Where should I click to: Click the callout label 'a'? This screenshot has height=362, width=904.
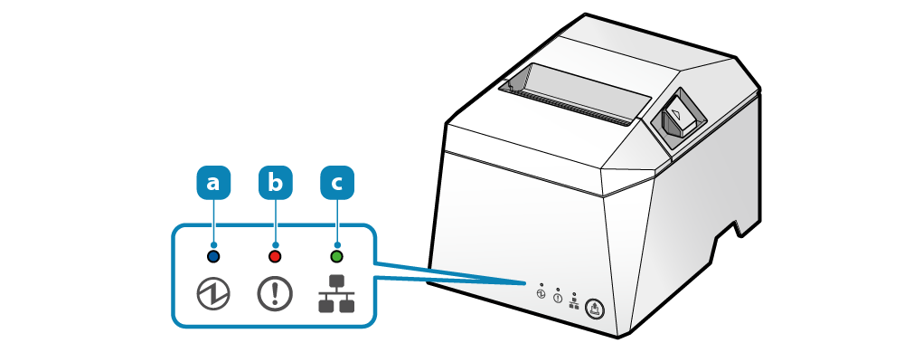click(213, 183)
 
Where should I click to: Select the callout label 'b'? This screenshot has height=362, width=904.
click(276, 183)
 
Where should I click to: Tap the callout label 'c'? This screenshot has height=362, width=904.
click(337, 183)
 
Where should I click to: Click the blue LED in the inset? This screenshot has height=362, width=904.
click(213, 256)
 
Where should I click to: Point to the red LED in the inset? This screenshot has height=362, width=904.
click(276, 256)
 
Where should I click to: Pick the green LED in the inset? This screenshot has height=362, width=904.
click(337, 256)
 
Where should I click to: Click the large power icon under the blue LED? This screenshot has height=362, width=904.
click(213, 294)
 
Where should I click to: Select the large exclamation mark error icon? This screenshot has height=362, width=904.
click(276, 294)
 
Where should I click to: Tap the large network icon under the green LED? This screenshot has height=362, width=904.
click(337, 294)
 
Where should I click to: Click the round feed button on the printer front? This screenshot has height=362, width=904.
click(595, 309)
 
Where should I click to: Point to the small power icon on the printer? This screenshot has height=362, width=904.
click(541, 294)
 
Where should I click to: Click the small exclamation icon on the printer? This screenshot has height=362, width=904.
click(558, 299)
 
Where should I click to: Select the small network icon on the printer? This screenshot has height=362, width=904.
click(574, 304)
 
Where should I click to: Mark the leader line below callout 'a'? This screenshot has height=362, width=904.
click(213, 222)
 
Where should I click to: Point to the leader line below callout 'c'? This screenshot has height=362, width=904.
click(337, 222)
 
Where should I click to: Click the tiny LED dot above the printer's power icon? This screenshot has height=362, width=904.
click(541, 284)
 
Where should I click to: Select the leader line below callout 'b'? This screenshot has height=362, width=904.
click(276, 222)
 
